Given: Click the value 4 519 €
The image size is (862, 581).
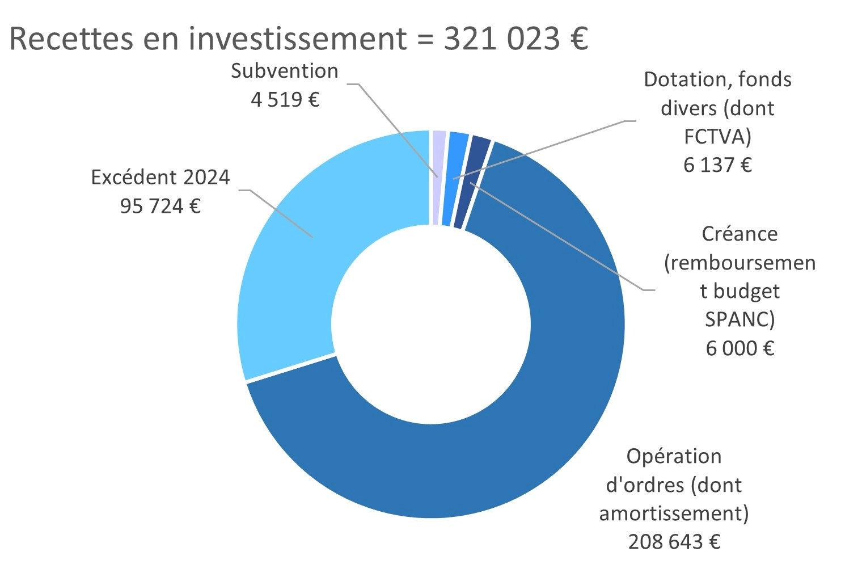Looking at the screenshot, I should click(x=285, y=100).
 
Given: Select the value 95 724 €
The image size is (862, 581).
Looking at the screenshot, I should click(x=160, y=206).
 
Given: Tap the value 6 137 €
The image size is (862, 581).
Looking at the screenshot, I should click(x=717, y=165).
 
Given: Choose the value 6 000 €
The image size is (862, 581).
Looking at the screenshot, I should click(x=740, y=348).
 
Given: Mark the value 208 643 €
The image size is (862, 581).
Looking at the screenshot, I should click(x=674, y=542).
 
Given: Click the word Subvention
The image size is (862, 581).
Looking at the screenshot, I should click(x=285, y=71).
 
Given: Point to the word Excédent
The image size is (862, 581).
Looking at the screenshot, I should click(x=128, y=177).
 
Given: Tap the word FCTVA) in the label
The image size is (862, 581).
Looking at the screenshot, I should click(x=717, y=137).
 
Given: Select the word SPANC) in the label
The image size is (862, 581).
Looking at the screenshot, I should click(x=740, y=319).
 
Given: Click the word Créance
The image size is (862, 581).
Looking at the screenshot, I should click(x=740, y=234).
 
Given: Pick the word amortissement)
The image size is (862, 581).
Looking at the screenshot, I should click(x=674, y=513).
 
